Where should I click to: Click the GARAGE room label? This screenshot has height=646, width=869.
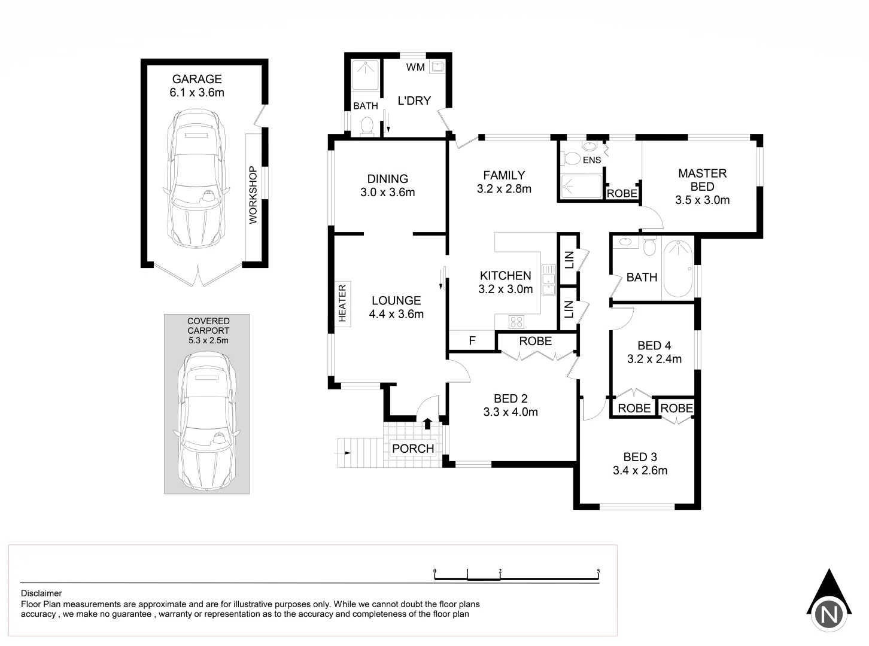(x=197, y=79)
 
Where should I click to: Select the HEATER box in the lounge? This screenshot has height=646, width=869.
(x=342, y=304)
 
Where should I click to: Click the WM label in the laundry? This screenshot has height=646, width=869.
(x=415, y=67)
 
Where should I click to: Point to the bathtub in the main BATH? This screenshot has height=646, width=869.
(x=677, y=268)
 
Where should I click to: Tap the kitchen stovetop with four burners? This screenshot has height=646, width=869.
(x=516, y=322)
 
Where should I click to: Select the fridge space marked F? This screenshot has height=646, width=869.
(x=472, y=341)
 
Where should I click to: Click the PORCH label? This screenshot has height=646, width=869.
(x=413, y=449)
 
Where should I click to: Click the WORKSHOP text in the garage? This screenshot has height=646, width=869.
(x=253, y=195)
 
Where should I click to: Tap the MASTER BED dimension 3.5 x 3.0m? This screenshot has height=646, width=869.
(x=702, y=200)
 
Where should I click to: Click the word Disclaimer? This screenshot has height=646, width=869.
(x=41, y=593)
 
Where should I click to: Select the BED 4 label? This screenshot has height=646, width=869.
(x=654, y=346)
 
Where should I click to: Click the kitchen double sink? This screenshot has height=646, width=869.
(x=548, y=281)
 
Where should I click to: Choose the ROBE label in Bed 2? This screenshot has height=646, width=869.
(x=535, y=341)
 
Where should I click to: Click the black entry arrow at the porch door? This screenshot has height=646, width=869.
(x=427, y=423)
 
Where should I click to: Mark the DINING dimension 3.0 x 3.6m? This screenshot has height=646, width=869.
(x=387, y=193)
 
